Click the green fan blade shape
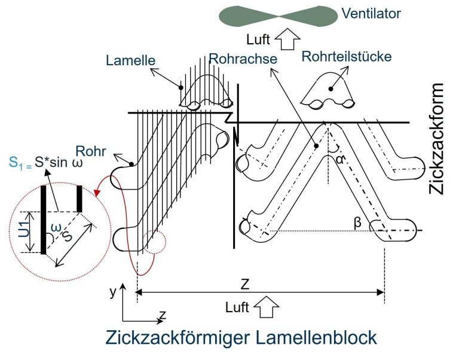click(278, 16)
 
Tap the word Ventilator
click(371, 14)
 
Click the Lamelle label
click(130, 60)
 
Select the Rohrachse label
click(243, 59)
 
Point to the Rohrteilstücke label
click(347, 57)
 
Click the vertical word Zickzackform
click(436, 139)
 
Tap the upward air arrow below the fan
click(287, 39)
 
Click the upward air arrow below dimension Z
click(266, 307)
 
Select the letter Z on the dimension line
click(244, 284)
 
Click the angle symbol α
click(341, 160)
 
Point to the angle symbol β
click(357, 222)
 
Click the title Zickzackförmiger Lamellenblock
click(241, 337)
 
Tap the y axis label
click(113, 291)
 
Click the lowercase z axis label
click(163, 315)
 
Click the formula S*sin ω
click(59, 162)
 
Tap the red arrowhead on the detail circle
click(97, 193)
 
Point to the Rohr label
click(91, 151)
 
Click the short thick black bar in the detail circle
click(79, 199)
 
